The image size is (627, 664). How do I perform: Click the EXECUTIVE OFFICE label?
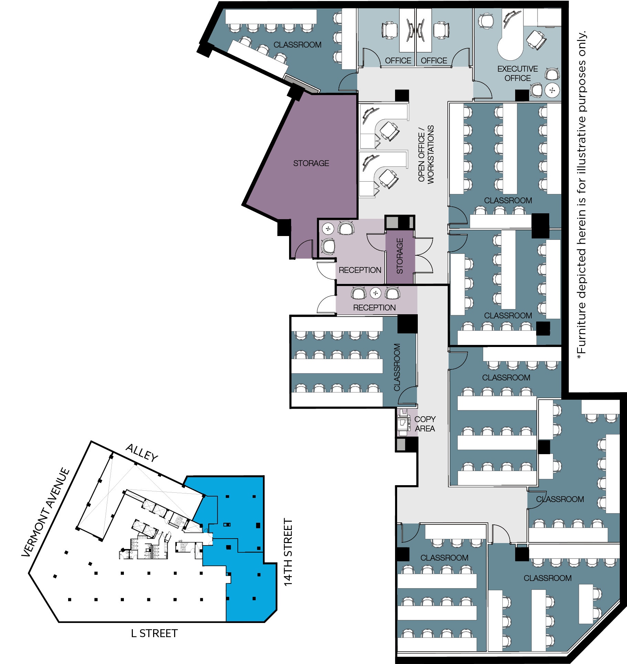point(517,73)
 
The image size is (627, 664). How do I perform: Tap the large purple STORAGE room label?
point(311,163)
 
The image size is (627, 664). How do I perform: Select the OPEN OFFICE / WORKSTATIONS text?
point(426,154)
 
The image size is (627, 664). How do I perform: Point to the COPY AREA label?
point(425,423)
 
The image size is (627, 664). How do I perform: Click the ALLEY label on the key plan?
point(142,452)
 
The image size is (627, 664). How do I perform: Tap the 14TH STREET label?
point(288,552)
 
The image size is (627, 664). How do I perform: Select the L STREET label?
point(154,633)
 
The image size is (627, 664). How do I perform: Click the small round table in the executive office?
point(552,90)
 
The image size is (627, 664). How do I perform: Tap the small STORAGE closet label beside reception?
point(400,256)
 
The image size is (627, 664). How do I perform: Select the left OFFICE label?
point(398,61)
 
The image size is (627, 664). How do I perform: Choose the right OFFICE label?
point(434,61)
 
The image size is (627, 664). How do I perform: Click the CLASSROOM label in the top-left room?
point(297,45)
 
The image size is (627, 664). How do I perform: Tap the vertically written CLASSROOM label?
point(397,367)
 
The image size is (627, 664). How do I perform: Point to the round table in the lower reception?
point(375,293)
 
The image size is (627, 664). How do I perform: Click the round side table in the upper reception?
point(328,228)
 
